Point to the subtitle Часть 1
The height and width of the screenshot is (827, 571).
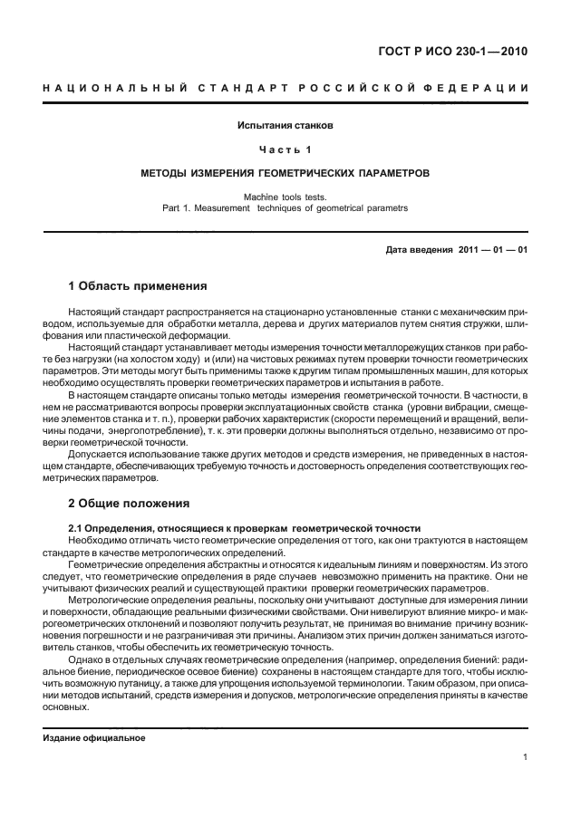(285, 148)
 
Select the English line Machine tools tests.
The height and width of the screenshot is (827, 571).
(285, 196)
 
